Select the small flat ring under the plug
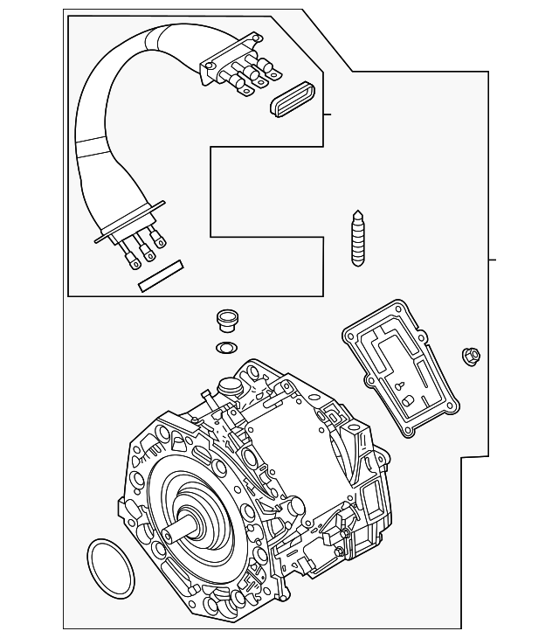[225, 349]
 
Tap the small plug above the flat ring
[225, 320]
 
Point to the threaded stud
[356, 238]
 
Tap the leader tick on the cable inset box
[328, 114]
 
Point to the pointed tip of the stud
[356, 213]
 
